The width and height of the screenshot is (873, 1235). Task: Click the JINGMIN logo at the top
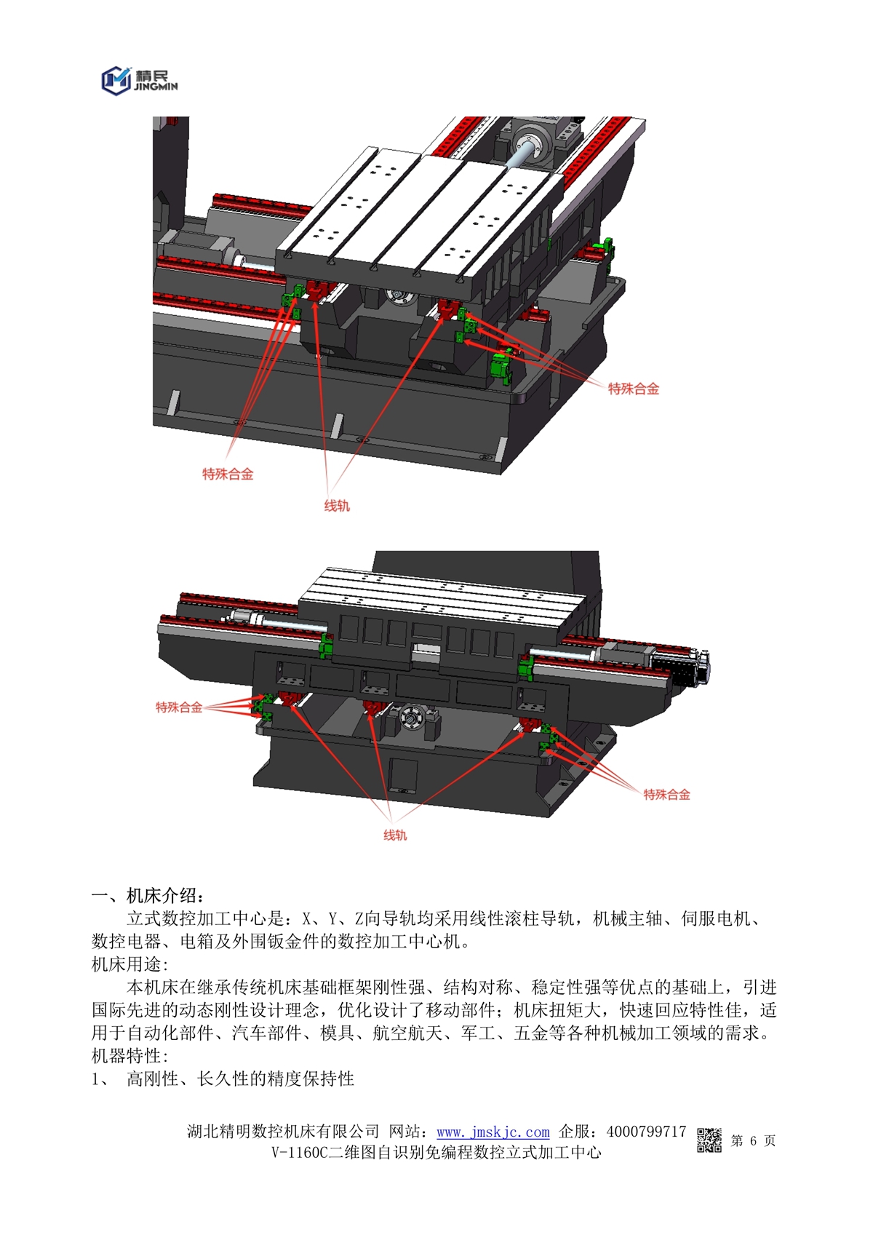(x=140, y=81)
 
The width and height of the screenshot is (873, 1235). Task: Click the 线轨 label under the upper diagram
(x=337, y=506)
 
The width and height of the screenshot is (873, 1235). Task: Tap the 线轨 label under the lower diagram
(x=395, y=835)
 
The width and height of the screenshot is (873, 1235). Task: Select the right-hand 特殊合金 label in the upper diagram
(x=633, y=389)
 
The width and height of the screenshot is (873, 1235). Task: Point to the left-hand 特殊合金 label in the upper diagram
(x=228, y=474)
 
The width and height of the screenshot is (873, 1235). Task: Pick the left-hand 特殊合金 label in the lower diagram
(x=179, y=707)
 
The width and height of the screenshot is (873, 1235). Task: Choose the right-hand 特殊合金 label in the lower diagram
(x=667, y=795)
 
